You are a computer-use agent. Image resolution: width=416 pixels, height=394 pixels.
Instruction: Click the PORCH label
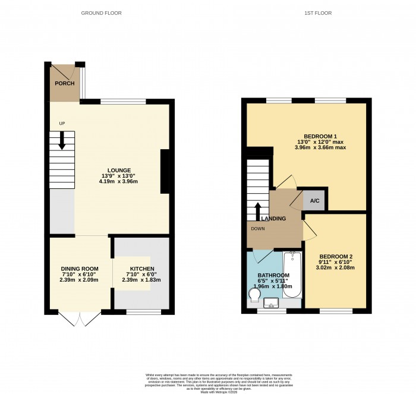pos(65,83)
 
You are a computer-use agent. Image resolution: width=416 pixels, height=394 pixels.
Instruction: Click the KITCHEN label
pos(142,269)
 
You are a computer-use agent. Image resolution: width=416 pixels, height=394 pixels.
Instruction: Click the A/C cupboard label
pos(314,201)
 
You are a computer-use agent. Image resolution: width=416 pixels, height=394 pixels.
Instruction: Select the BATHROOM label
pos(273,275)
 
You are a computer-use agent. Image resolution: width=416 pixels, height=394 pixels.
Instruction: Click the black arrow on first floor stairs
pos(257,210)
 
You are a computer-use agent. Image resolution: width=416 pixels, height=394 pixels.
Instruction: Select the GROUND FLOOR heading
pos(110,12)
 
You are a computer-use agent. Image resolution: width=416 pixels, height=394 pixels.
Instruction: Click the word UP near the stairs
pos(62,124)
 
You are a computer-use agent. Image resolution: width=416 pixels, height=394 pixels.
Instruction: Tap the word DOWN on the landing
pos(258,228)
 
